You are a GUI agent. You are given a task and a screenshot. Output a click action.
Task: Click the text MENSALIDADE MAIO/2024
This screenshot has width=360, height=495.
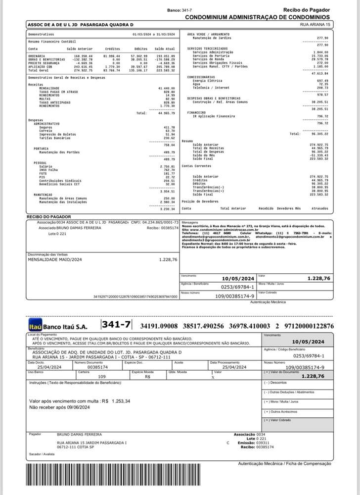[52, 259]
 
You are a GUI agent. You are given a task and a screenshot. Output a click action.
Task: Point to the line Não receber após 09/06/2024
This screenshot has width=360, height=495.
[60, 407]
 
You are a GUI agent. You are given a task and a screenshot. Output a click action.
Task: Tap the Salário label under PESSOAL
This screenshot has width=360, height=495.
[46, 166]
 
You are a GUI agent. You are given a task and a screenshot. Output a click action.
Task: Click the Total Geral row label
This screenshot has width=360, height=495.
[39, 71]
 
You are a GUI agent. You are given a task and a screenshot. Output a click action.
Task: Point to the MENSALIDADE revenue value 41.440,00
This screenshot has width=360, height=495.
[167, 88]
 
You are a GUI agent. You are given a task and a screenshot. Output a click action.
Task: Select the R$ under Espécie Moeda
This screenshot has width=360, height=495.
[147, 377]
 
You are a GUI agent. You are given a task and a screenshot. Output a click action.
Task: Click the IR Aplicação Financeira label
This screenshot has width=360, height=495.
[215, 116]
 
